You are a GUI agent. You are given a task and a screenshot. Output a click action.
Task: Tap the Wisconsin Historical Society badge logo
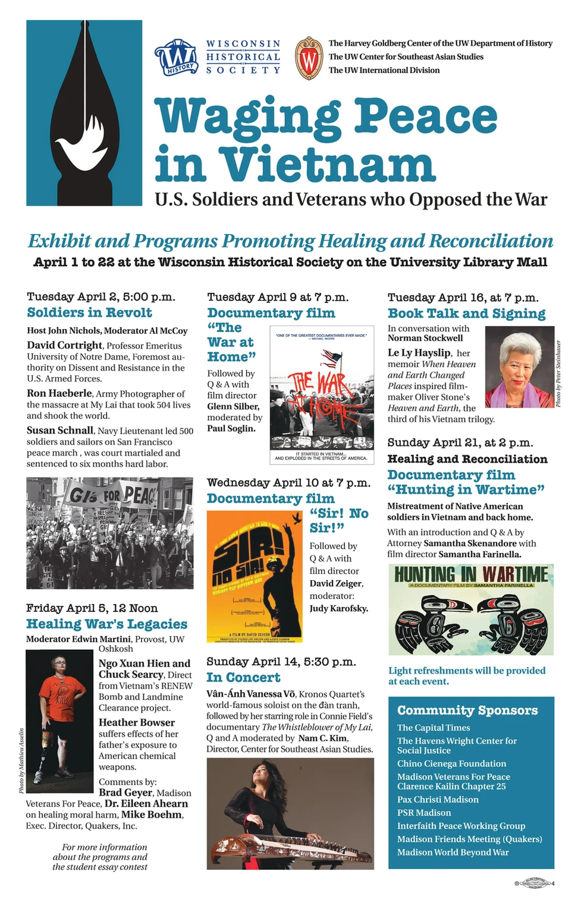(175, 58)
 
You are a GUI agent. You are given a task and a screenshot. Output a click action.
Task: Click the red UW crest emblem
(309, 58)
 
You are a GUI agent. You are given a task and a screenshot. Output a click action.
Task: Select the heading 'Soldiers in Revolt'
(89, 312)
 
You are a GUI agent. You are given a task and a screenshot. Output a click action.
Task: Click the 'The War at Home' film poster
(322, 394)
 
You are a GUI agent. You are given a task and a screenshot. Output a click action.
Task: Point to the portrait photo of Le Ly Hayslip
(519, 367)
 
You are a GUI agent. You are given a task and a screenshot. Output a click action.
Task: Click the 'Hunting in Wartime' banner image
(470, 609)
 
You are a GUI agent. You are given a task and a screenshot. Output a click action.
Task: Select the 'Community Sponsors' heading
(467, 710)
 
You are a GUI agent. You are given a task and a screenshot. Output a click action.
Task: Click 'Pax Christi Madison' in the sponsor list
(438, 800)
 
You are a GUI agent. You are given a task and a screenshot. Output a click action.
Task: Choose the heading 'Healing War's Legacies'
(106, 624)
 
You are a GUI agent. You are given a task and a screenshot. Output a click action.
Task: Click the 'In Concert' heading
(243, 677)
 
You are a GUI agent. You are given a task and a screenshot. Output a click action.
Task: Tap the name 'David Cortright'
(64, 345)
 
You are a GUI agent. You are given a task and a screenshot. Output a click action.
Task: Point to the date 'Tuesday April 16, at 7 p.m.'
(463, 298)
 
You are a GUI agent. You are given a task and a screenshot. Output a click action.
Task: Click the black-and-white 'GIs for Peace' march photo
(109, 533)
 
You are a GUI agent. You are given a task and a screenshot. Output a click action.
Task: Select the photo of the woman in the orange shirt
(60, 721)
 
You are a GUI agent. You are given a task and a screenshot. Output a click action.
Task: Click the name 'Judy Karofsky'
(338, 608)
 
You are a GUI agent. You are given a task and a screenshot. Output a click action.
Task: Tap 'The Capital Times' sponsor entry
(434, 728)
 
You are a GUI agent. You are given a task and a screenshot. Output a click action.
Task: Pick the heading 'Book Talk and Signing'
(466, 313)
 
